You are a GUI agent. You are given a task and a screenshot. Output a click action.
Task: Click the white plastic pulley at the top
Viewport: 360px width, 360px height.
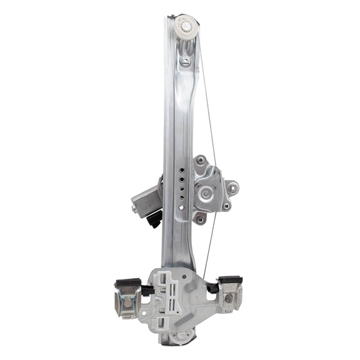click(x=186, y=26)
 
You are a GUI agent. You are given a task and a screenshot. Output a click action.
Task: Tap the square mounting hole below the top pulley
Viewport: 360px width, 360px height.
click(x=186, y=61)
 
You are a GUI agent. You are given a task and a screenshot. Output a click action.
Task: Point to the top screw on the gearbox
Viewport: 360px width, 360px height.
click(x=199, y=161)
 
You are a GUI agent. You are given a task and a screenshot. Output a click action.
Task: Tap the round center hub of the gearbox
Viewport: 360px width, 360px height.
click(x=205, y=193)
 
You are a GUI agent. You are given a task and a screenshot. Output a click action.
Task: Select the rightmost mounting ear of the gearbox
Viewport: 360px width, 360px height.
click(x=232, y=186)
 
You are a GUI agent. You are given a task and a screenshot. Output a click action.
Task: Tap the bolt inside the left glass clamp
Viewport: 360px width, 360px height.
click(x=128, y=303)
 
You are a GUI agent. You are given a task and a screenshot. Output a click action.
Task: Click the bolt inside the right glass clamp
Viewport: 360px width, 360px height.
click(x=229, y=299)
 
